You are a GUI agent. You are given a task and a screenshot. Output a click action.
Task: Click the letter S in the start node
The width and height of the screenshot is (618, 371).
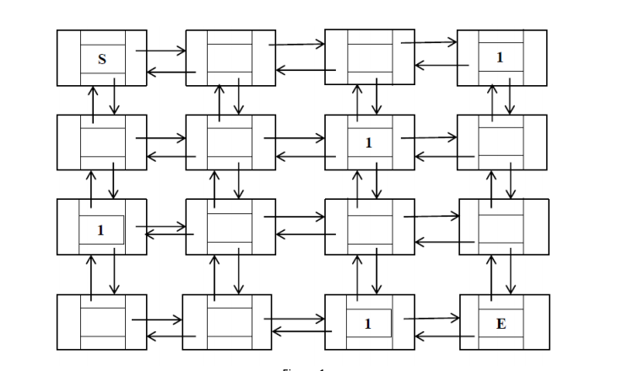(102, 59)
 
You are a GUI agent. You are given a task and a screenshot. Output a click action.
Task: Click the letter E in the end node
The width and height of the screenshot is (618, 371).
(501, 324)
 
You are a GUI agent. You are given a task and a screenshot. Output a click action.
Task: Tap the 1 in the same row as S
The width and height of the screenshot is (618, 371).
(500, 58)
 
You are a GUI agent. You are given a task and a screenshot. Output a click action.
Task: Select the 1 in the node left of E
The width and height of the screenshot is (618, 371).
(368, 323)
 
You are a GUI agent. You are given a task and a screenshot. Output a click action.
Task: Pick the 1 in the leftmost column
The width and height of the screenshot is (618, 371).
(101, 230)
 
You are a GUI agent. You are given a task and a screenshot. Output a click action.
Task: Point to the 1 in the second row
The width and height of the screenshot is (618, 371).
(368, 142)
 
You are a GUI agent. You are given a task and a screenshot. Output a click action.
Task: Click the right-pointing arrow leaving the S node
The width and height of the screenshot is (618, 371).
(160, 51)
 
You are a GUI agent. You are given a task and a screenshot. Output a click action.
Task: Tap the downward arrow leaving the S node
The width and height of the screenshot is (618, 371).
(114, 99)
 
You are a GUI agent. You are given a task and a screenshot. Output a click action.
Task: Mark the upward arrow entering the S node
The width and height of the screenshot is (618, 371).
(92, 99)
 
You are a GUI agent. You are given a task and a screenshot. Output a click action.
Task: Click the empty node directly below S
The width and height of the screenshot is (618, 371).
(102, 142)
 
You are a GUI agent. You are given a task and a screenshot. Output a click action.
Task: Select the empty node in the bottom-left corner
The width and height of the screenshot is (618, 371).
(102, 323)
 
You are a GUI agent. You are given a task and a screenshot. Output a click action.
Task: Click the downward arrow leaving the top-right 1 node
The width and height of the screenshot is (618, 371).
(510, 99)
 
